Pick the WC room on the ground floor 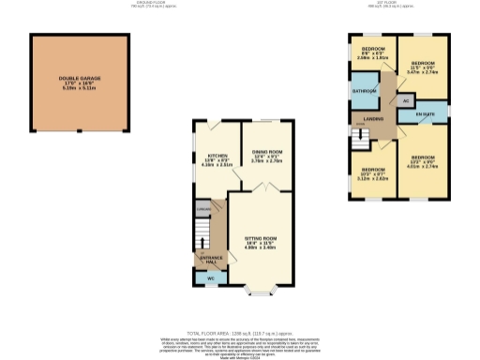point(210,278)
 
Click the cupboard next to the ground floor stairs point(202,209)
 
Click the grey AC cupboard point(405,99)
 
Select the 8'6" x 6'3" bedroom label point(374,52)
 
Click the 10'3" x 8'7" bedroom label point(373,172)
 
